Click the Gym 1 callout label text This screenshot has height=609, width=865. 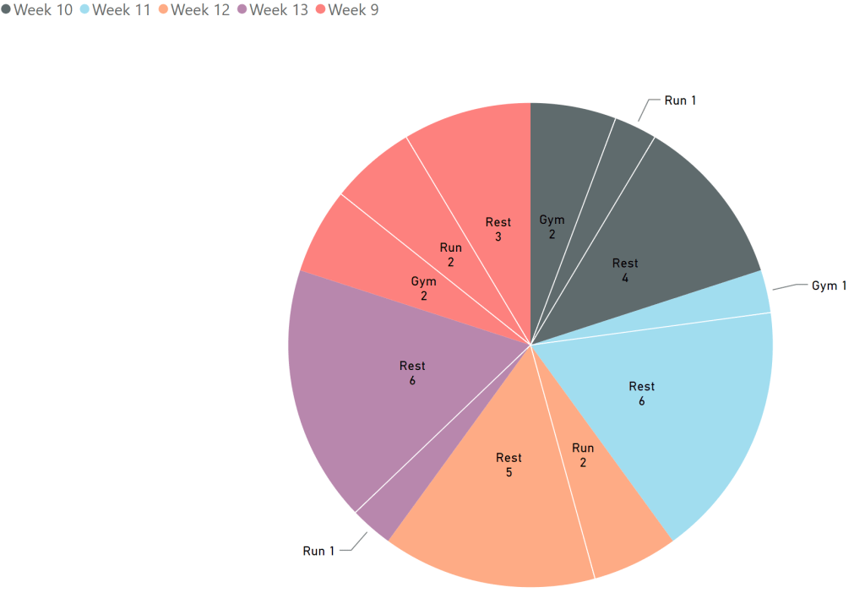pyautogui.click(x=829, y=286)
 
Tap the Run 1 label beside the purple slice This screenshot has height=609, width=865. pyautogui.click(x=318, y=552)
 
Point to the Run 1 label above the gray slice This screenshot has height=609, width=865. pyautogui.click(x=680, y=101)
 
